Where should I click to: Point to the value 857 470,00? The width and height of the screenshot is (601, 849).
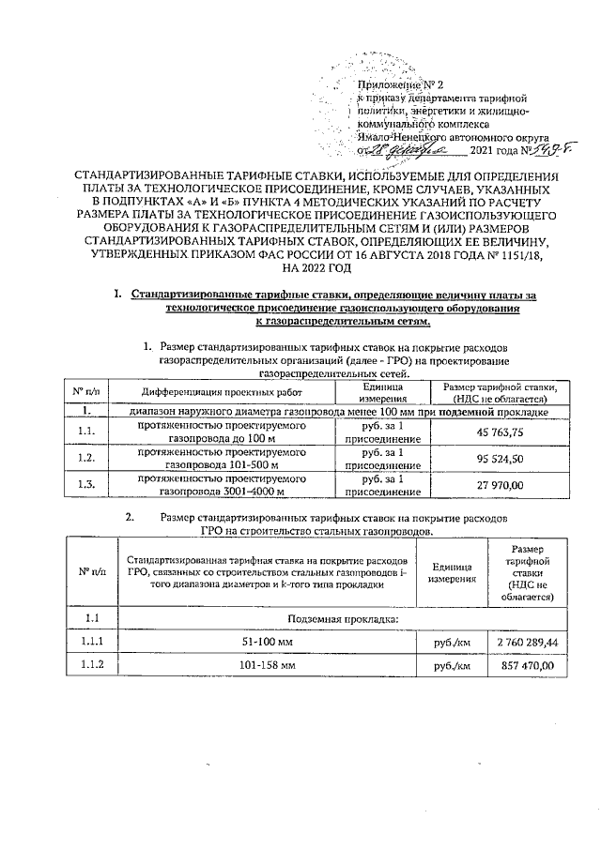click(x=529, y=665)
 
